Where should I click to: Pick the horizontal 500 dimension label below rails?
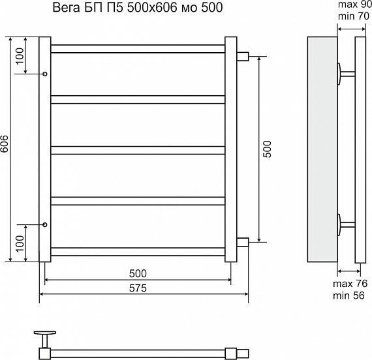pos(137,273)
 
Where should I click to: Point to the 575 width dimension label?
pos(137,288)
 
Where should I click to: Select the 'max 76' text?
pos(350,284)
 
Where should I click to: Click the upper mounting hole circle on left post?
pos(44,74)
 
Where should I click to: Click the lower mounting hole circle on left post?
pos(44,224)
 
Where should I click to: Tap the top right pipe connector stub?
pos(242,56)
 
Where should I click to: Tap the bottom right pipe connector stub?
pos(242,243)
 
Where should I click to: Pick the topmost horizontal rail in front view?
pos(138,49)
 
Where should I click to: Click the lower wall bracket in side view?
pos(344,224)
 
